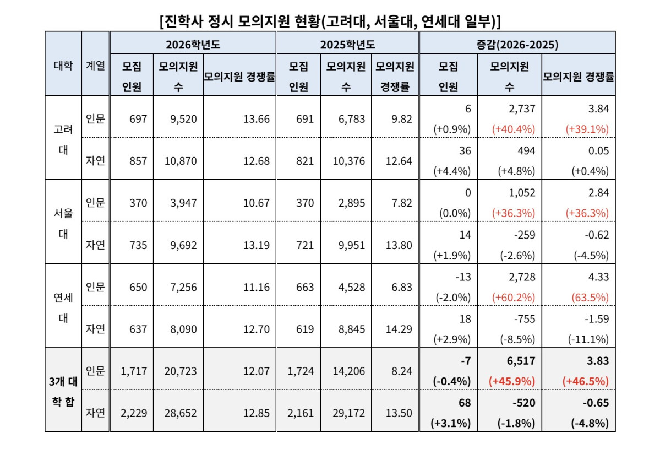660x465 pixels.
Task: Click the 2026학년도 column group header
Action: coord(193,44)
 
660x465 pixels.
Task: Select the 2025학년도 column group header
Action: coord(347,44)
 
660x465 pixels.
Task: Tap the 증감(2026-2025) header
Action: coord(517,44)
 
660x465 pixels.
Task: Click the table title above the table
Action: coord(330,21)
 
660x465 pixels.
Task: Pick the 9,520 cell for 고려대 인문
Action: coord(178,118)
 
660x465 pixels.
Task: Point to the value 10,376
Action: coord(346,160)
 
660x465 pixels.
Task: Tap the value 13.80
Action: coord(399,245)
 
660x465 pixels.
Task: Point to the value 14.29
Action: coord(399,329)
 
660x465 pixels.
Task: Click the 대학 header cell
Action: coord(63,64)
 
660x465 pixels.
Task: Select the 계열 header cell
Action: coord(95,64)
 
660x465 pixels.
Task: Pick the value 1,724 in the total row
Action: coord(301,371)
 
